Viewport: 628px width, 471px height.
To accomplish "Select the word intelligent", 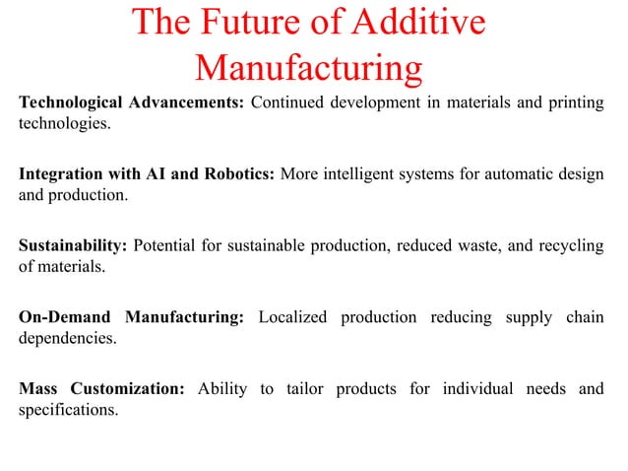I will [367, 174].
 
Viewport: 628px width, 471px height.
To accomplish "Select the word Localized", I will [295, 316].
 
